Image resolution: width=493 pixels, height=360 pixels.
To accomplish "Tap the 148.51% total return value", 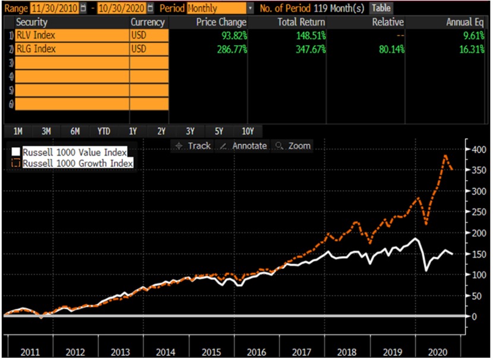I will click(x=307, y=36).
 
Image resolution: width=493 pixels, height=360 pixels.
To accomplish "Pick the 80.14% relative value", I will click(x=389, y=49).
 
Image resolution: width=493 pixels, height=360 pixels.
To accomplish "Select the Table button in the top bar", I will click(x=381, y=8).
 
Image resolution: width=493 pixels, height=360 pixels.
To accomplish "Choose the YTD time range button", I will click(x=103, y=131).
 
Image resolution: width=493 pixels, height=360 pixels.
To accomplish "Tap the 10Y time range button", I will click(x=248, y=131).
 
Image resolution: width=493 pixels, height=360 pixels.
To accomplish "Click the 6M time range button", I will click(x=75, y=131).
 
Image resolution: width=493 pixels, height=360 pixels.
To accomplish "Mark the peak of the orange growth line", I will click(x=445, y=156).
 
